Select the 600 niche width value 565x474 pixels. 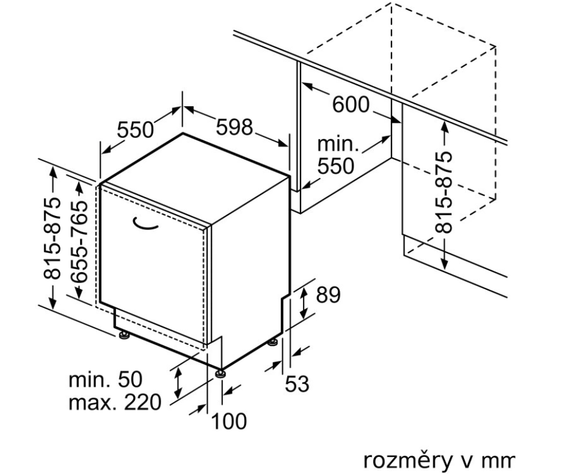(351, 104)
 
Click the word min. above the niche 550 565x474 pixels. (337, 145)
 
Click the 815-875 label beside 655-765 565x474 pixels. (54, 237)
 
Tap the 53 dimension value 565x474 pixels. (297, 384)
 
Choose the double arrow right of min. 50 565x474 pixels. (178, 381)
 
